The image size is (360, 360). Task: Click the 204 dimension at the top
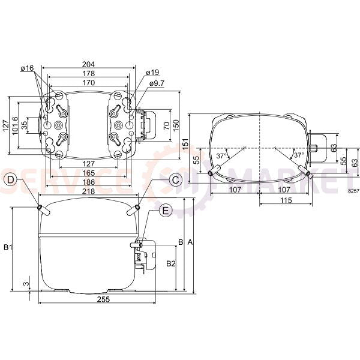(x=88, y=65)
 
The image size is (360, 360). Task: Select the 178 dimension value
(x=88, y=74)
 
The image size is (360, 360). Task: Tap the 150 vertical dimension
(x=176, y=124)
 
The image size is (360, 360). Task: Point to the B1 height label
(x=8, y=247)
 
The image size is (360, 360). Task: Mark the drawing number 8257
(x=352, y=190)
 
